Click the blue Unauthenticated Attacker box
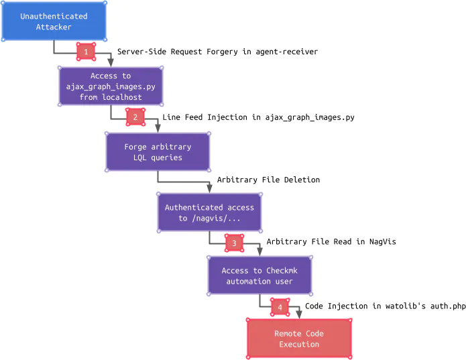click(x=54, y=21)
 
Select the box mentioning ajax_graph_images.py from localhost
click(x=111, y=86)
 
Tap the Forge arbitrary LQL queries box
click(x=158, y=152)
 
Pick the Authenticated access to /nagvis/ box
click(x=209, y=213)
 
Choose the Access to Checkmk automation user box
click(x=259, y=276)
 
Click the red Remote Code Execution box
click(x=299, y=339)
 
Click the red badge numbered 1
click(x=86, y=52)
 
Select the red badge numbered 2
click(x=135, y=117)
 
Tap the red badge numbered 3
click(x=234, y=243)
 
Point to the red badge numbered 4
click(x=280, y=308)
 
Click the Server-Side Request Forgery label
click(x=217, y=52)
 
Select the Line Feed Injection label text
click(x=258, y=117)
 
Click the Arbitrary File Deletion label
click(x=268, y=180)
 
